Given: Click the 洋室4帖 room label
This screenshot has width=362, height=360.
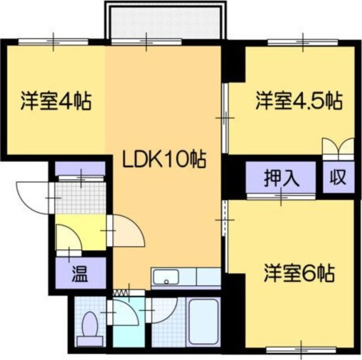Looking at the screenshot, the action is click(56, 101).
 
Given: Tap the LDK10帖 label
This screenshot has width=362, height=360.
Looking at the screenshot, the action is click(164, 160).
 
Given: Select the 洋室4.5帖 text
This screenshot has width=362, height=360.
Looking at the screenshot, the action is click(299, 101).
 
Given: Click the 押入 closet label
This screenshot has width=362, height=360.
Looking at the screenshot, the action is click(281, 178).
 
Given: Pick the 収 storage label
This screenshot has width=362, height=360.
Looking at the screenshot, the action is click(338, 177).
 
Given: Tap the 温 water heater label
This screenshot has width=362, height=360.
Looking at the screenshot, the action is click(80, 274).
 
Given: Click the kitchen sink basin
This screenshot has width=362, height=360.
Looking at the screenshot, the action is click(166, 277).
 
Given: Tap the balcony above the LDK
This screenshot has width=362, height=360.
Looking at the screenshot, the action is click(166, 21).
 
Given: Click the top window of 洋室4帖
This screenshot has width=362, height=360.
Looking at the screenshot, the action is click(53, 42).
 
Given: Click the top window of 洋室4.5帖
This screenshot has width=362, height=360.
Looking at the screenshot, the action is click(303, 43).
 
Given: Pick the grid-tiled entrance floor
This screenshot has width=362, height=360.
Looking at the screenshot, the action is click(81, 198).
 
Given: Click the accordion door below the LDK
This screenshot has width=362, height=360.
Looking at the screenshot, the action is click(120, 293).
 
